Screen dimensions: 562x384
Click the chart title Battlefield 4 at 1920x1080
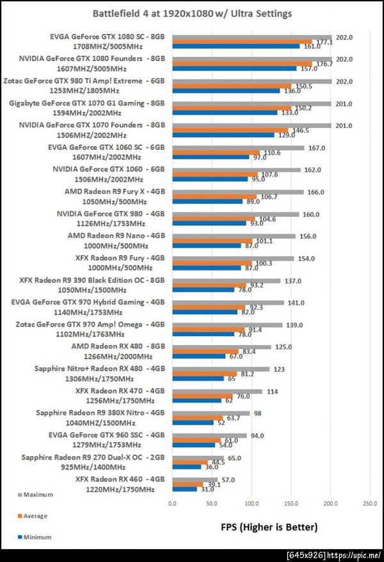[193, 13]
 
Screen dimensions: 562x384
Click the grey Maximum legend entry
[38, 494]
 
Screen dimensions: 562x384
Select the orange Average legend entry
[35, 515]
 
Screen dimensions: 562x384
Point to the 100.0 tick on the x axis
[252, 504]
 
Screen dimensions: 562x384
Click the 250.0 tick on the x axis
[369, 504]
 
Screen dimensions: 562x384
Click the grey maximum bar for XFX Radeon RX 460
[195, 479]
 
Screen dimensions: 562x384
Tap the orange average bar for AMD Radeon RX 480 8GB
[205, 351]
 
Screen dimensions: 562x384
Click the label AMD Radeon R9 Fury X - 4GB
[115, 191]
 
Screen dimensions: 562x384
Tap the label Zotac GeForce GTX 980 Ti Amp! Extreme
[84, 81]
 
